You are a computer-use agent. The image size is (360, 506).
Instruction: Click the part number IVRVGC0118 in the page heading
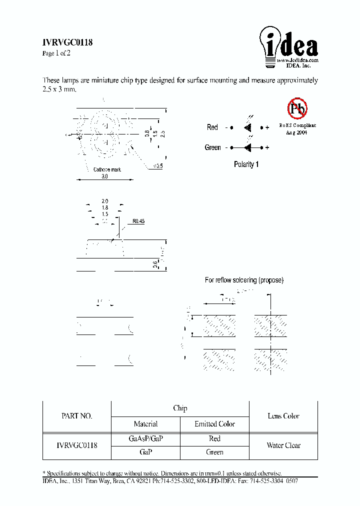pos(67,43)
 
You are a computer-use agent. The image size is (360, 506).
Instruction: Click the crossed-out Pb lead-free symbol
pos(297,108)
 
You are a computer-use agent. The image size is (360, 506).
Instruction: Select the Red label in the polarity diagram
pos(212,127)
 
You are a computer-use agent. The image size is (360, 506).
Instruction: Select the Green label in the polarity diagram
pos(212,147)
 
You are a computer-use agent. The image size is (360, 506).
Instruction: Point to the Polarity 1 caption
pos(246,164)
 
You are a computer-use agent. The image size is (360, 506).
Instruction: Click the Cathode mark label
pos(107,170)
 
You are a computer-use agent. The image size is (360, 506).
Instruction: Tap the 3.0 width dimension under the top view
pos(104,176)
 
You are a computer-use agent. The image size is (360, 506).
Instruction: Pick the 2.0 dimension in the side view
pos(104,200)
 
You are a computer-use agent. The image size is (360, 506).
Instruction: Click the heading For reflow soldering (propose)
pos(244,280)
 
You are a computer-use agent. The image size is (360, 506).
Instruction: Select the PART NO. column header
pos(76,416)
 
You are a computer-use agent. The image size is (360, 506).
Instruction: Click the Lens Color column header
pos(283,416)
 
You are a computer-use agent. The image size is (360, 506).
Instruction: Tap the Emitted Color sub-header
pos(214,424)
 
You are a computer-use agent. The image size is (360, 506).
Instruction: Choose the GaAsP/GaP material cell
pos(146,438)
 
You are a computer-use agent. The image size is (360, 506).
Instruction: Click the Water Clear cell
pos(283,445)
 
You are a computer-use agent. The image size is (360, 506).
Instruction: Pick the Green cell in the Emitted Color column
pos(214,452)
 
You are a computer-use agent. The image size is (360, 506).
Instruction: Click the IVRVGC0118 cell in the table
pos(76,445)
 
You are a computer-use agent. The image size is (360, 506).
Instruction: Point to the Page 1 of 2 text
pos(56,53)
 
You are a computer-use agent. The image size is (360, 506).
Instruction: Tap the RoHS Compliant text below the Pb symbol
pos(297,125)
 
